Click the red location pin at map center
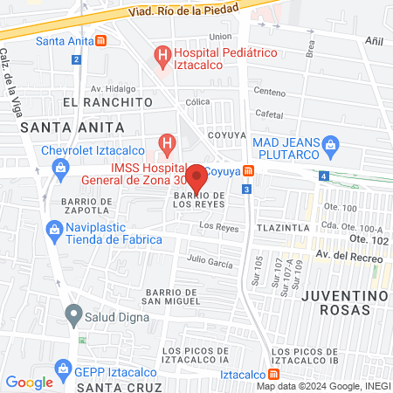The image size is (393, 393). [196, 177]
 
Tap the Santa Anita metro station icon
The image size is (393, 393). [102, 40]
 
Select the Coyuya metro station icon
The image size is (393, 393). [249, 170]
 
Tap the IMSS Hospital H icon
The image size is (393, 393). [166, 142]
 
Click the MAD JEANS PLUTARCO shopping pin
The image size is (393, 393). [330, 143]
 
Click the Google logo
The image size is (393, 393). [29, 382]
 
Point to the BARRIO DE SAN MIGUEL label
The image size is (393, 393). [163, 296]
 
